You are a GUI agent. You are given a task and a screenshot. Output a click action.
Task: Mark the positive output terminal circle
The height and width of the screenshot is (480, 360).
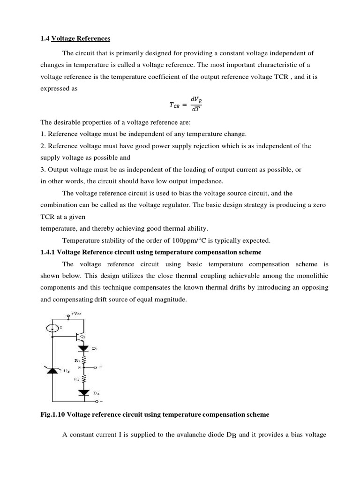pyautogui.click(x=96, y=368)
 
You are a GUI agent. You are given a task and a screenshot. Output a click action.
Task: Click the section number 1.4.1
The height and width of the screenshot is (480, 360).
pyautogui.click(x=48, y=252)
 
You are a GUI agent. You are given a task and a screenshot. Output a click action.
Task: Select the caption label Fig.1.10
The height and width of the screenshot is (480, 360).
pyautogui.click(x=53, y=415)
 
